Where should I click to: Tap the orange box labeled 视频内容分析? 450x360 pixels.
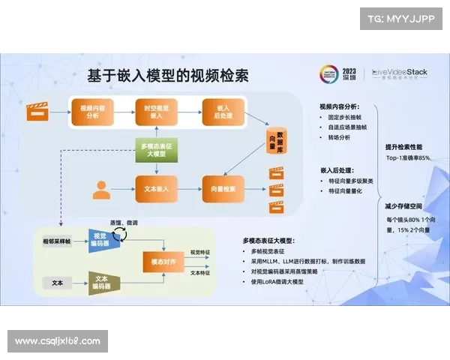click(x=92, y=112)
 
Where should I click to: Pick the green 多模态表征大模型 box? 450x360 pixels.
click(x=157, y=149)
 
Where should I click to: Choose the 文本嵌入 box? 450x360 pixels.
click(x=157, y=188)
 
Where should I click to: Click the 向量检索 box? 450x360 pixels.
click(x=223, y=188)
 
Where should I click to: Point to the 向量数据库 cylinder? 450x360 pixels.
click(x=277, y=137)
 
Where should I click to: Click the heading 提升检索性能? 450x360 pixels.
click(x=406, y=146)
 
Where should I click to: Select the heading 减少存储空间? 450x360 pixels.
click(x=406, y=205)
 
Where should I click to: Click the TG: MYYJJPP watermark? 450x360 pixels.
click(x=402, y=17)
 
